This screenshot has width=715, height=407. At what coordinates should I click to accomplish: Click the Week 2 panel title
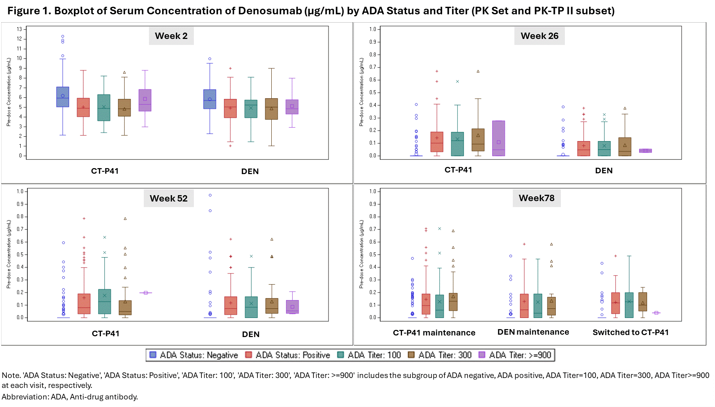[x=171, y=36]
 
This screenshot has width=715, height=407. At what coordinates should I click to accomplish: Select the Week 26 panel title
[x=539, y=36]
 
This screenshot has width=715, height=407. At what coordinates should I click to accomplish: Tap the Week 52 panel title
[x=168, y=198]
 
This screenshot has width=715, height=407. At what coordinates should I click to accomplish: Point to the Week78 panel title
[x=536, y=198]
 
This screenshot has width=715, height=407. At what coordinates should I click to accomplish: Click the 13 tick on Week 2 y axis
[x=19, y=29]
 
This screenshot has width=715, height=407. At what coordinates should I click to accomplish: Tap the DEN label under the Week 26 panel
[x=604, y=171]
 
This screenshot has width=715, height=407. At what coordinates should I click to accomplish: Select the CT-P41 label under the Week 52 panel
[x=106, y=333]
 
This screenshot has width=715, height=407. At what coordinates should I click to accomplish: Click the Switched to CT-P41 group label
[x=630, y=332]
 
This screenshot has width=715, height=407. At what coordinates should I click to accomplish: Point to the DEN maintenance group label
[x=533, y=332]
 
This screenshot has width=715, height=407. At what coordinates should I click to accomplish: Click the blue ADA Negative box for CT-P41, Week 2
[x=63, y=97]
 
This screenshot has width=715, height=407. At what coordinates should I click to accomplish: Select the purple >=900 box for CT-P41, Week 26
[x=499, y=138]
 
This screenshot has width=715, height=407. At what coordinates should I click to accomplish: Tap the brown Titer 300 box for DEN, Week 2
[x=271, y=109]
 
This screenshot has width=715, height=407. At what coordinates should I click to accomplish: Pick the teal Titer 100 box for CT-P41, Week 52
[x=104, y=302]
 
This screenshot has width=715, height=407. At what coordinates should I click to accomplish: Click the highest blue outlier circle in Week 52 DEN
[x=210, y=195]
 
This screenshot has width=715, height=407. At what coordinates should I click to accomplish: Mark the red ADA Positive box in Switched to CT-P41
[x=616, y=303]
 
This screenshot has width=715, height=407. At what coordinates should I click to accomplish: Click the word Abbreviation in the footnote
[x=25, y=397]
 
